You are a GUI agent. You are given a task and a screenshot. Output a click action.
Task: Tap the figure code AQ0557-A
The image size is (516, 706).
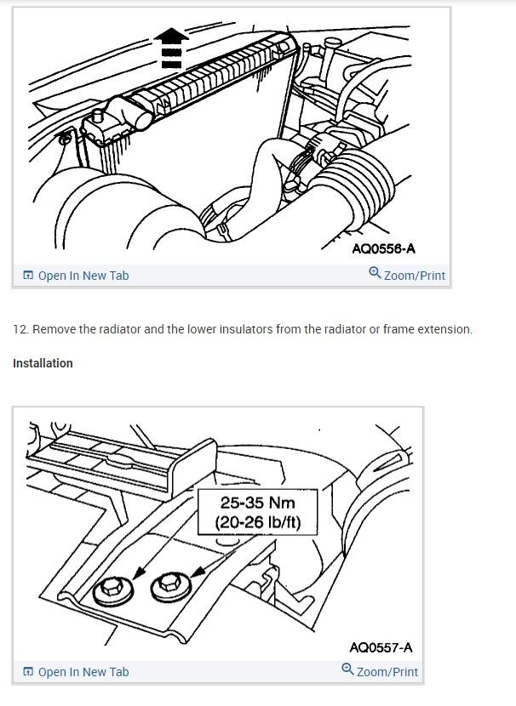[x=381, y=647]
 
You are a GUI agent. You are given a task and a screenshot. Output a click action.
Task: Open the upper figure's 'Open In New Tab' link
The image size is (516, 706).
[x=83, y=276]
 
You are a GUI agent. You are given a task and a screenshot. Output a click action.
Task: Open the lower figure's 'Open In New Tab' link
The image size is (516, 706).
[x=83, y=672]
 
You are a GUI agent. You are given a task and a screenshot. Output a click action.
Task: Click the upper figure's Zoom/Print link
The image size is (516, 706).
[x=414, y=276]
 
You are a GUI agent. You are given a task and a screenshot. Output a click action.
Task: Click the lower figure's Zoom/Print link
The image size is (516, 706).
[x=387, y=672]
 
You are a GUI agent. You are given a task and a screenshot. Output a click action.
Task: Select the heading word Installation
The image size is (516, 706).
[x=43, y=363]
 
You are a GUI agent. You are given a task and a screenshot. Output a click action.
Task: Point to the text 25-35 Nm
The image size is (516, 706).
[x=257, y=503]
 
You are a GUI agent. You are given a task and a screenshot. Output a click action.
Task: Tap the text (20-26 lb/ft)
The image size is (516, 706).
[x=257, y=521]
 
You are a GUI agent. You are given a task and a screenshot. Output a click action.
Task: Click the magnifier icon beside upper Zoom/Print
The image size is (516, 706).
[x=375, y=274]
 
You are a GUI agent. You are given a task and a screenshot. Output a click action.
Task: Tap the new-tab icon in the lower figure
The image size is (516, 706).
[x=28, y=672]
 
